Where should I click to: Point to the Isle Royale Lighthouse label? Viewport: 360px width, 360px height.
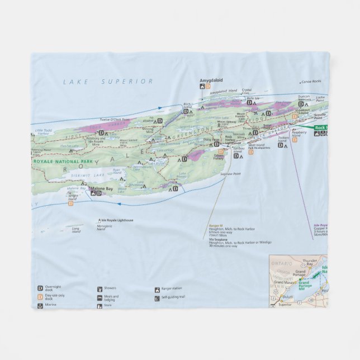click(x=117, y=220)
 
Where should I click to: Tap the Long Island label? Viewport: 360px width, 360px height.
click(x=76, y=229)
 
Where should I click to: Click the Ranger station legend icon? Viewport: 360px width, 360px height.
click(x=157, y=290)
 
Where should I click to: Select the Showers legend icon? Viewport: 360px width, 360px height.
click(x=98, y=289)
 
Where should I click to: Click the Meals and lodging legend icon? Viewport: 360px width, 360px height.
click(x=98, y=298)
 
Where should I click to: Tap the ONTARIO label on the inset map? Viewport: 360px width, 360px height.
click(x=279, y=262)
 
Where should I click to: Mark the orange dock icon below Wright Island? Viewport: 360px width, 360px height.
click(x=71, y=203)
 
